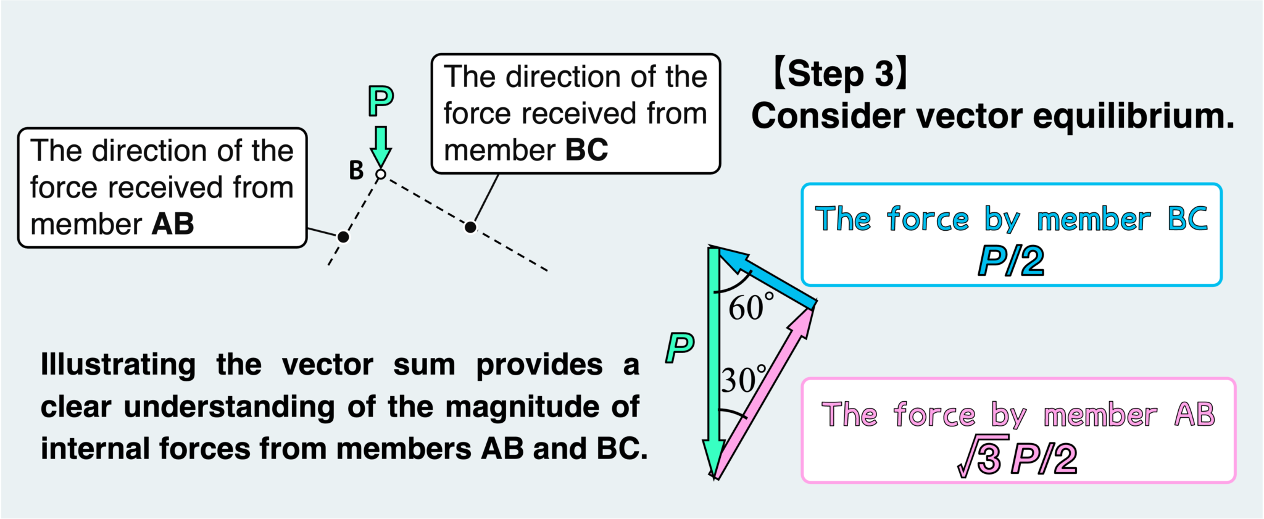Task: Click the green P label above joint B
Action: tap(381, 101)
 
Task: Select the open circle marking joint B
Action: tap(381, 175)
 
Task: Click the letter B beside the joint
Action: tap(356, 170)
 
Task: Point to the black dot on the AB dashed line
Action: tap(343, 236)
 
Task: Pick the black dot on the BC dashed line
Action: tap(470, 228)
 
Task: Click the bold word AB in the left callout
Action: tap(173, 224)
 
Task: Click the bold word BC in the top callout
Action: tap(586, 150)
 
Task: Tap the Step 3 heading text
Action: tap(840, 73)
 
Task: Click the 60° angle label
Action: tap(750, 307)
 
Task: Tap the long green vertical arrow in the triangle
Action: tap(714, 358)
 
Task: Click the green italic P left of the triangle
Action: tap(680, 347)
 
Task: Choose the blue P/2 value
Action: tap(1011, 260)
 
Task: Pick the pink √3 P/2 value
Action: tap(1017, 459)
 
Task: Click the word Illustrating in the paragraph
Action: tap(118, 365)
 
